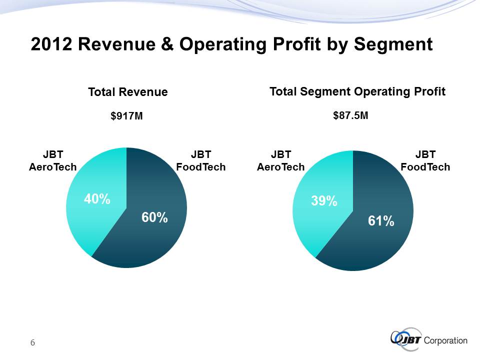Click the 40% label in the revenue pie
tap(97, 199)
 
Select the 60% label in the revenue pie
tap(154, 217)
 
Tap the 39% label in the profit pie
tap(323, 201)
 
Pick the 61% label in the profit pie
tap(381, 220)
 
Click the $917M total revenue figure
tap(126, 116)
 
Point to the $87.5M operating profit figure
tap(350, 115)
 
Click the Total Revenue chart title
tap(127, 92)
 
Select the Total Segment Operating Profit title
tap(357, 91)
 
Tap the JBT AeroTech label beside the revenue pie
tap(52, 160)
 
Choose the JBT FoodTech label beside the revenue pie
tap(201, 160)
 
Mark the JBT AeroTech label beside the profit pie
tap(280, 160)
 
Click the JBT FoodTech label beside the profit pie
tap(425, 160)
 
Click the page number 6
tap(32, 342)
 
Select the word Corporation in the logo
tap(445, 341)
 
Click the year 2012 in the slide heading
tap(51, 45)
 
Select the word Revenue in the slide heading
tap(115, 45)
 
